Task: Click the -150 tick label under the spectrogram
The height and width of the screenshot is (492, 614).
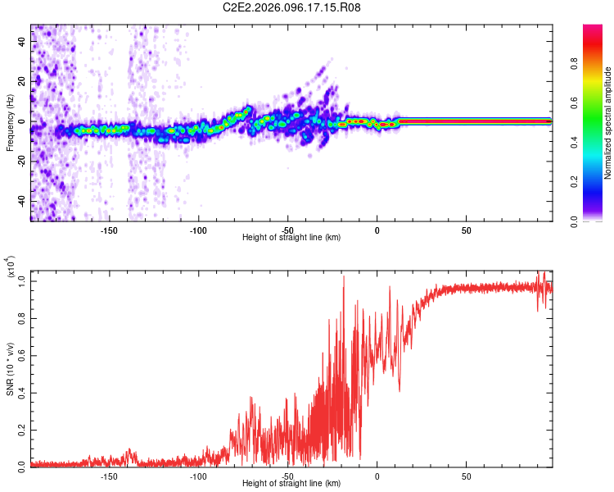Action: pyautogui.click(x=110, y=230)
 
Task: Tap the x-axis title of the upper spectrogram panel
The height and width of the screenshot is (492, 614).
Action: pyautogui.click(x=291, y=238)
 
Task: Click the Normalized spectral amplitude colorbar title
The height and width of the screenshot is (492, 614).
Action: pyautogui.click(x=608, y=123)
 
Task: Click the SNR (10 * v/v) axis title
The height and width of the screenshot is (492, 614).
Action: pyautogui.click(x=10, y=365)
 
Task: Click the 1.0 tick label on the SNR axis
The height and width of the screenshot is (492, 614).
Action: pyautogui.click(x=23, y=280)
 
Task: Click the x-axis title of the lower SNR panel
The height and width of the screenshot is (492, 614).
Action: pyautogui.click(x=291, y=484)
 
